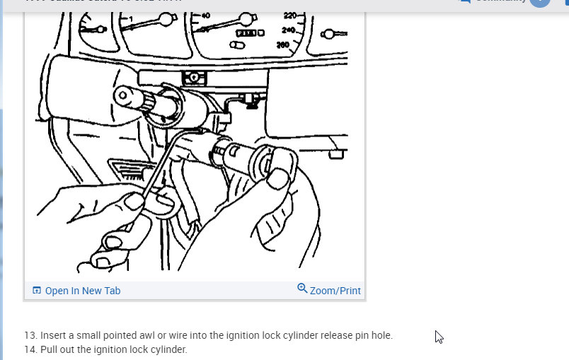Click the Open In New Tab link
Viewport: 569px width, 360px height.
click(x=82, y=291)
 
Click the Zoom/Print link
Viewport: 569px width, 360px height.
click(x=335, y=291)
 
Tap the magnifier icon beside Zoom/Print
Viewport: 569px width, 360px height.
click(x=302, y=289)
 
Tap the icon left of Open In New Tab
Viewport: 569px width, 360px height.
click(x=37, y=291)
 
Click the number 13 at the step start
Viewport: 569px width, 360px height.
click(x=30, y=335)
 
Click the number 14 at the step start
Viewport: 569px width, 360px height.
click(x=30, y=349)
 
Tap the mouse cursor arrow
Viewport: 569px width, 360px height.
click(x=439, y=337)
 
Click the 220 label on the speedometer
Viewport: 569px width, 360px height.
click(x=291, y=16)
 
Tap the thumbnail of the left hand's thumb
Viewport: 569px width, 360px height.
click(x=134, y=202)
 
